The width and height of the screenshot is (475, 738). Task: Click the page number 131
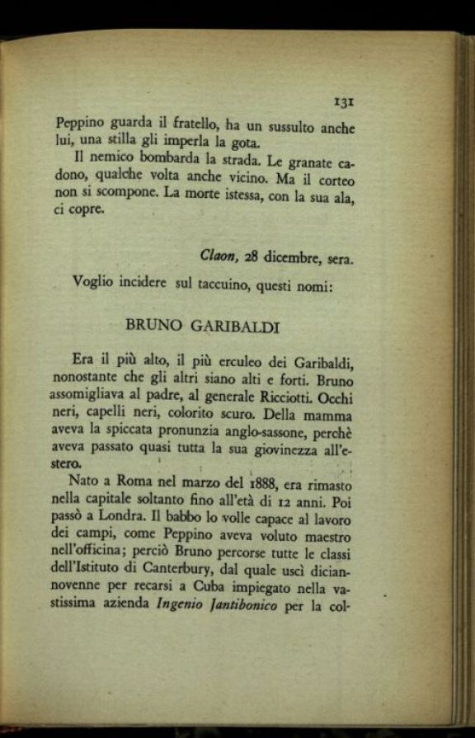tap(344, 101)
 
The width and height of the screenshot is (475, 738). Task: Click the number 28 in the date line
tap(252, 256)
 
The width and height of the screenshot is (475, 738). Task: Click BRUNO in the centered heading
tap(153, 326)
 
